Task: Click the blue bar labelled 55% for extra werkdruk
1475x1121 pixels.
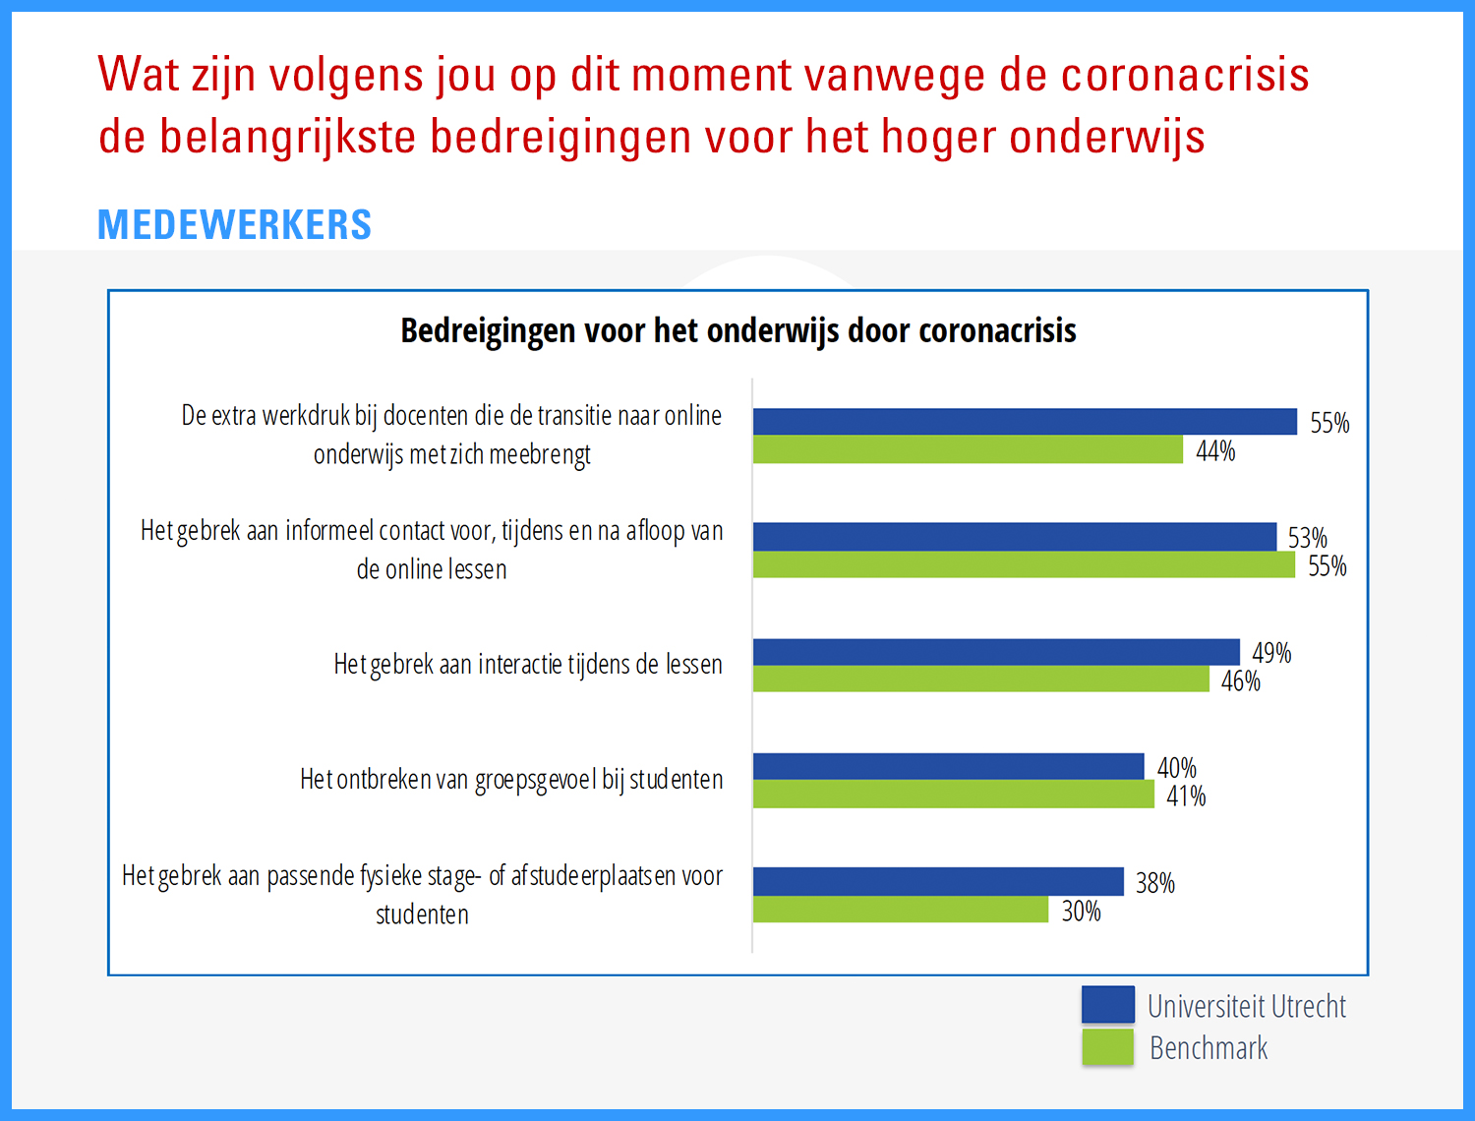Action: click(1025, 422)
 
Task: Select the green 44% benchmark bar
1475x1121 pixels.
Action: click(968, 450)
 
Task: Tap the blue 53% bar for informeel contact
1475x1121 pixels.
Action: click(1015, 537)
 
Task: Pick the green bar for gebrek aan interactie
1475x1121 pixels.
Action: click(980, 679)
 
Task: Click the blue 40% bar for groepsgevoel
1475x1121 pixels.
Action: click(948, 766)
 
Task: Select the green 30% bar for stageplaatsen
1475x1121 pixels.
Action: click(901, 910)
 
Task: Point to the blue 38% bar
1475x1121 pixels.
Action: click(938, 881)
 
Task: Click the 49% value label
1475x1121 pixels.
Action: click(1270, 653)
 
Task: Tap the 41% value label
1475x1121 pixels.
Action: click(1186, 796)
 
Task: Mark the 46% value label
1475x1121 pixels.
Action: click(1240, 681)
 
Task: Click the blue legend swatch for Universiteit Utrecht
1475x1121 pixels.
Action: click(1107, 1005)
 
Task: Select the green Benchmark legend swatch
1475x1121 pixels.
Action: click(1107, 1047)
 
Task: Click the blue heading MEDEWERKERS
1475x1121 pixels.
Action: click(234, 225)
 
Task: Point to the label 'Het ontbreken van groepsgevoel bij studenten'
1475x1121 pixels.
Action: click(511, 780)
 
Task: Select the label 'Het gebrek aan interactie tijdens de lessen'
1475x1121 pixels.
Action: click(528, 665)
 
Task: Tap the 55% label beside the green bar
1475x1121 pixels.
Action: click(1327, 566)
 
